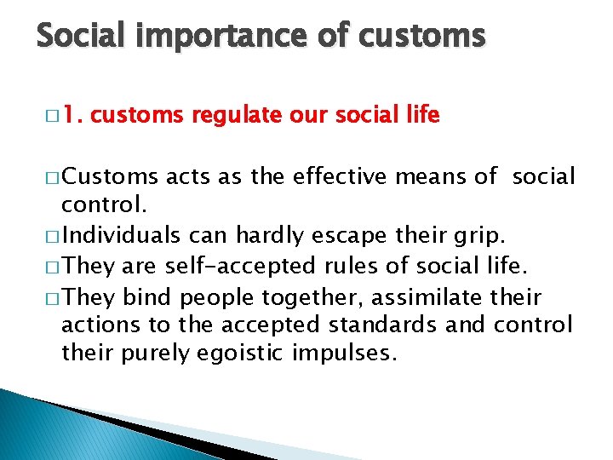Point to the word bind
coord(146,297)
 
